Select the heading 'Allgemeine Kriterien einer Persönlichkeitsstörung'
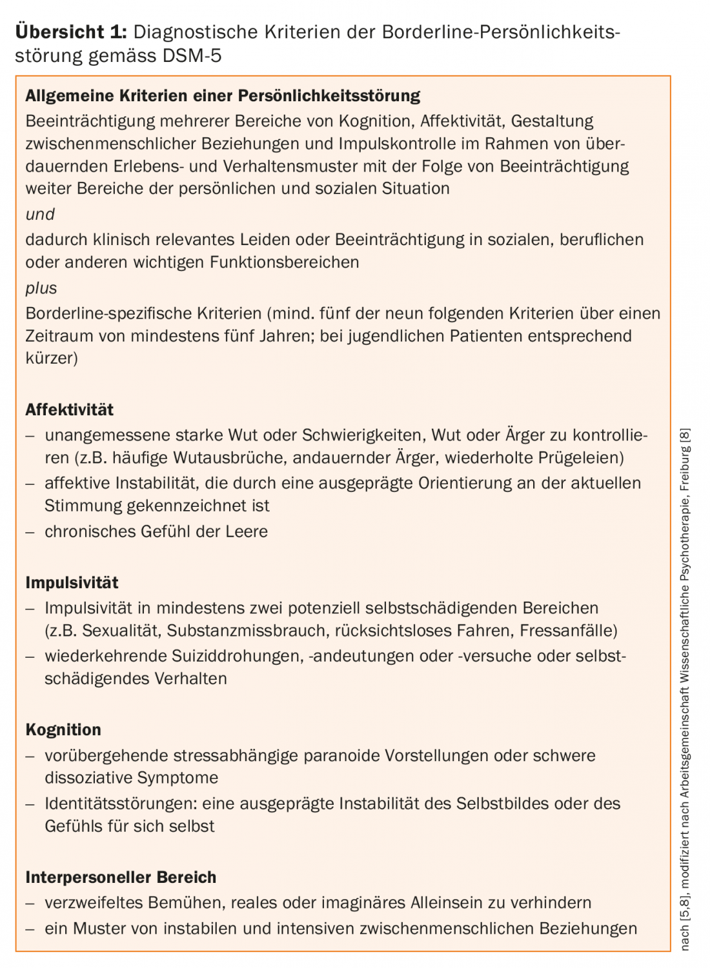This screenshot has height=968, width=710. coord(223,96)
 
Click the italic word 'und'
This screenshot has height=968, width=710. coord(40,214)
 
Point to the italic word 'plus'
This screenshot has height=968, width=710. coord(41,288)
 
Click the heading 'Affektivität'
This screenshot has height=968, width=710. coord(69,410)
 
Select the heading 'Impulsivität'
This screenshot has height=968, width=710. coord(72,582)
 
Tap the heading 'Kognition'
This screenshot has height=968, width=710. coord(63,730)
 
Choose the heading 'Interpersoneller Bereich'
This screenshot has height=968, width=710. coord(121,877)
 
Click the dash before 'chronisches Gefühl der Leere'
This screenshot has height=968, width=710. coord(30,532)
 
